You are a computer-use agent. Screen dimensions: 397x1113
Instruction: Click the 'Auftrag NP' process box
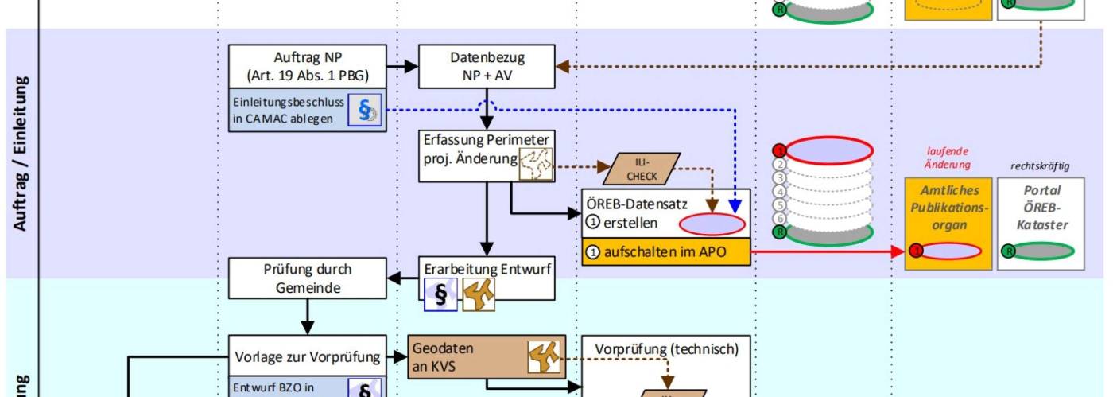click(308, 67)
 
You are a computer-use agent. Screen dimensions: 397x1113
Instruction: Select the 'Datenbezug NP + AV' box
click(487, 67)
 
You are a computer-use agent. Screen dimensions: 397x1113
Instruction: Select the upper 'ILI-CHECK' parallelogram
click(642, 169)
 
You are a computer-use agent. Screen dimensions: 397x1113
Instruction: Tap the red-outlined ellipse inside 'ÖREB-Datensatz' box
click(712, 224)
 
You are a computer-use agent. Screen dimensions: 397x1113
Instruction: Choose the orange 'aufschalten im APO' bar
click(665, 251)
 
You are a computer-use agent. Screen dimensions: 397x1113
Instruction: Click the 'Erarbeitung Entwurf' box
click(486, 269)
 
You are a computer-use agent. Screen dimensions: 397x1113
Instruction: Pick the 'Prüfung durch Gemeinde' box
click(307, 278)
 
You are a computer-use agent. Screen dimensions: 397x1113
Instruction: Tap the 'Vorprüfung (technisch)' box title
click(666, 348)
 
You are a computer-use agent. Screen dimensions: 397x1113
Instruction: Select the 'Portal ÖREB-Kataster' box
click(1041, 208)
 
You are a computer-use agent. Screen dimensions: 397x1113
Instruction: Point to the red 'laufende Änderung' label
click(948, 158)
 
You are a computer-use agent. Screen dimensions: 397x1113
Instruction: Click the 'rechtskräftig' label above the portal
click(1040, 166)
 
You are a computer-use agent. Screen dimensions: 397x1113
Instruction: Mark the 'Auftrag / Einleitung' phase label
click(21, 154)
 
